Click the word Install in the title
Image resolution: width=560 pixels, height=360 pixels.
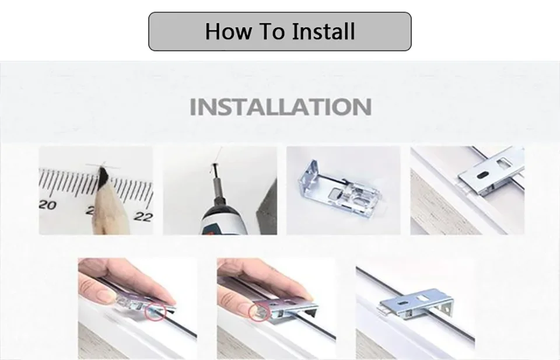point(324,31)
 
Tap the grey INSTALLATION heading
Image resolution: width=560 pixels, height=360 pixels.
point(281,107)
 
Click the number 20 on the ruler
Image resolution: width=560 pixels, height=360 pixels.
point(47,205)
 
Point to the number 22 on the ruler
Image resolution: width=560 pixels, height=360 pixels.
point(143,216)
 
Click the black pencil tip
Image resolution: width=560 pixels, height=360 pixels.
point(104,176)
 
